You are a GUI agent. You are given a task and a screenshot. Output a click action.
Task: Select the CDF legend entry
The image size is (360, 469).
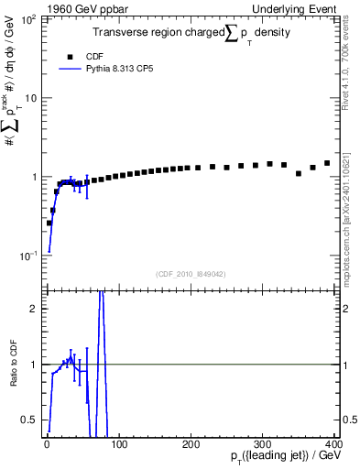pos(93,54)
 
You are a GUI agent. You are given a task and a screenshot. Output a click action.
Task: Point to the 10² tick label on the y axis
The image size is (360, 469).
pos(28,19)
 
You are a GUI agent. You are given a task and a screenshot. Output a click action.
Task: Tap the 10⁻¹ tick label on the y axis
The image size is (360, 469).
pos(28,256)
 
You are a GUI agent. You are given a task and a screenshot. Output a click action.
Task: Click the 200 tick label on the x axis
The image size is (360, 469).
pos(191,445)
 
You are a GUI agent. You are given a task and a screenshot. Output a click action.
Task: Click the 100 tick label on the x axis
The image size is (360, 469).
pos(120,445)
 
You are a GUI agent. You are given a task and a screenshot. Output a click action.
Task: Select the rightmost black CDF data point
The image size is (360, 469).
pos(327,163)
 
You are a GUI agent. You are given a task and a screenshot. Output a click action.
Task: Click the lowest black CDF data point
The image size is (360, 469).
pos(49,223)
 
